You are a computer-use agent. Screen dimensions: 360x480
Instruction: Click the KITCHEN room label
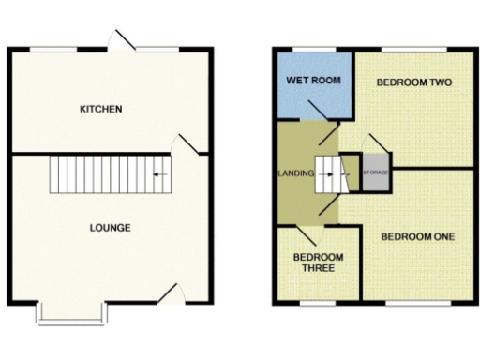[101, 110]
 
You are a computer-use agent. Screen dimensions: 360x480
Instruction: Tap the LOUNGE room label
[110, 228]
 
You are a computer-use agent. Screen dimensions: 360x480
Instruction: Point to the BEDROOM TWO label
[414, 83]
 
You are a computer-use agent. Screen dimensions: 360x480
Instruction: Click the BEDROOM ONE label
[417, 237]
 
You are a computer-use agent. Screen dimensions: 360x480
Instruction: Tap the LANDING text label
[295, 174]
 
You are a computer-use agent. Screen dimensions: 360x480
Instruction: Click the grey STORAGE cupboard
[375, 174]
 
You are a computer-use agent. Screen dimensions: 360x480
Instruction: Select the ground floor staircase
[112, 174]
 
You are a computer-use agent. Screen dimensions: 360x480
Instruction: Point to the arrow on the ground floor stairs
[158, 174]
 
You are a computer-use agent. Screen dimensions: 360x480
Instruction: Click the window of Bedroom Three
[316, 303]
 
